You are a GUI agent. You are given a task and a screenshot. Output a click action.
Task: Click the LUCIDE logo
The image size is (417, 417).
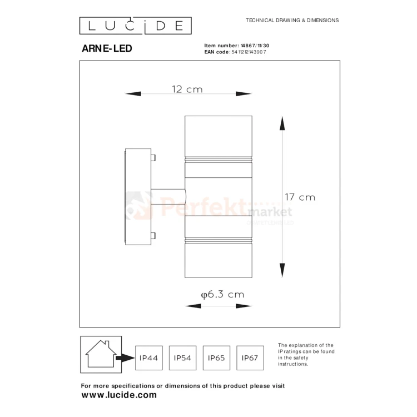(135, 26)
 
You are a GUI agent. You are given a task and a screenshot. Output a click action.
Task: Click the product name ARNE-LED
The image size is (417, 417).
(107, 48)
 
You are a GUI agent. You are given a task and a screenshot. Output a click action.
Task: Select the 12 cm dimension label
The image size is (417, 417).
(187, 89)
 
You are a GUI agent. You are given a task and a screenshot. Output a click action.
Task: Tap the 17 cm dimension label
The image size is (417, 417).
(300, 197)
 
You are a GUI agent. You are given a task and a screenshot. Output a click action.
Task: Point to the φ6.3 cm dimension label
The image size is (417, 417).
(222, 294)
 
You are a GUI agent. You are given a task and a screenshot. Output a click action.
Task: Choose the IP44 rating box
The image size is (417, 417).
(148, 358)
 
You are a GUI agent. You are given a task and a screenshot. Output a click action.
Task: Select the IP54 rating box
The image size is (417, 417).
(182, 358)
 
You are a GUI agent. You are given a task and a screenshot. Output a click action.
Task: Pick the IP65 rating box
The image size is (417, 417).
(216, 358)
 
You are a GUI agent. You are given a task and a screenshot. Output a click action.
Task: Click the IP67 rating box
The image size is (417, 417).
(250, 358)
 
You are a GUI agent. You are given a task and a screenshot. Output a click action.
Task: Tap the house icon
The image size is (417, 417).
(101, 354)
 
